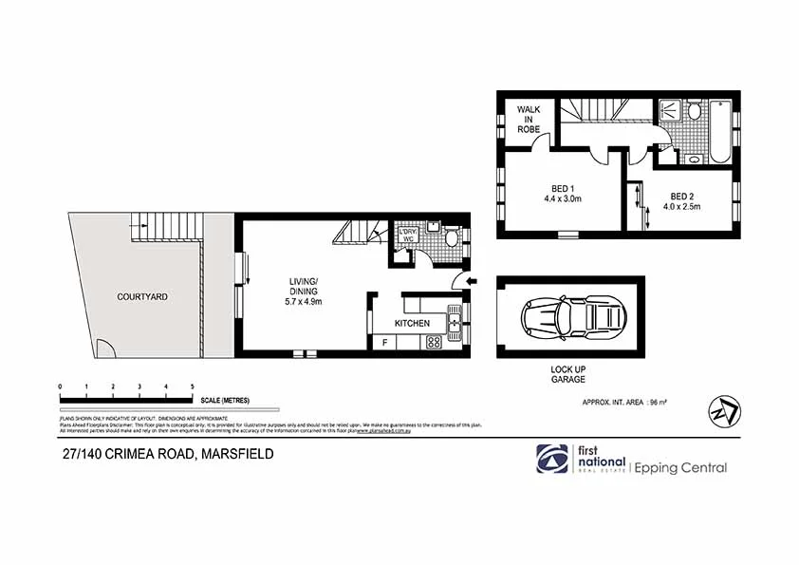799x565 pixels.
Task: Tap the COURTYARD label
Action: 142,296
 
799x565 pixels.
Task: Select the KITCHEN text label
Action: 412,324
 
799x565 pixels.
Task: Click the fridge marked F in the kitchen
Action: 384,343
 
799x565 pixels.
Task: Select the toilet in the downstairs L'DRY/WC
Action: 453,237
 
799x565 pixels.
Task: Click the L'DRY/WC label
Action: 409,236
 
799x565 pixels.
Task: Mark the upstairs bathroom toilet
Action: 695,112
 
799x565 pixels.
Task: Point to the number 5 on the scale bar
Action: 193,386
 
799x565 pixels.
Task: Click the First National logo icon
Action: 549,459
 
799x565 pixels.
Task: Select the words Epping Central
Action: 680,467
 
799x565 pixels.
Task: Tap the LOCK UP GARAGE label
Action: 569,374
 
